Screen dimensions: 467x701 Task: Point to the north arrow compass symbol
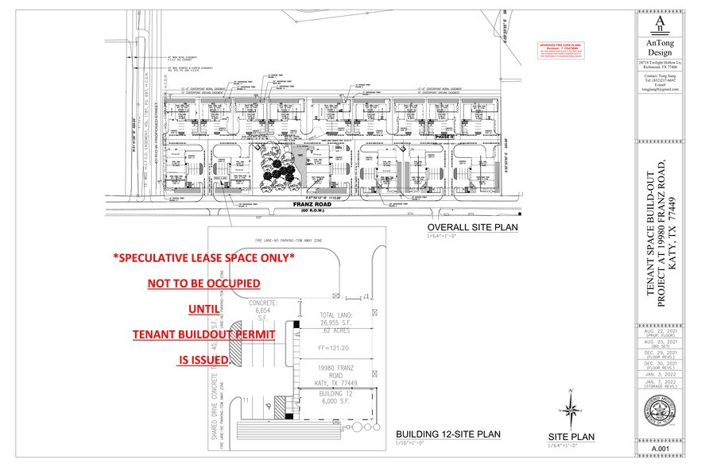571,409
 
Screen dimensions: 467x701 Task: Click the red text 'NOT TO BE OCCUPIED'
203,284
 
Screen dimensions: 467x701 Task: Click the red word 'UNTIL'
203,309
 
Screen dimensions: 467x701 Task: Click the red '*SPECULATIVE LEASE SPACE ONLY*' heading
203,257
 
